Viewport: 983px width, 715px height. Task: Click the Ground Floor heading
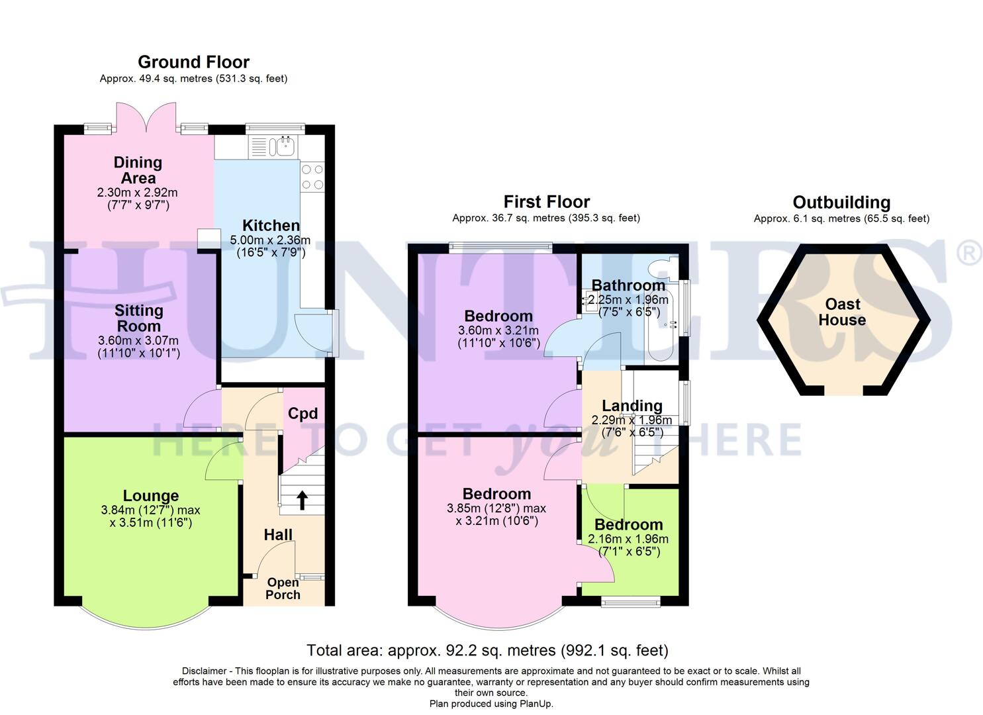click(193, 62)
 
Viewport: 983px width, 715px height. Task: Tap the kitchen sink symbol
click(285, 146)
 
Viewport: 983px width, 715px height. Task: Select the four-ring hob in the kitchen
click(312, 177)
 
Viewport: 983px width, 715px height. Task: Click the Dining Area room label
click(138, 170)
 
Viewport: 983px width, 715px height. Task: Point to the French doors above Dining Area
click(146, 118)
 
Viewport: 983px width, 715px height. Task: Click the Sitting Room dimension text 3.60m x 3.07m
click(138, 341)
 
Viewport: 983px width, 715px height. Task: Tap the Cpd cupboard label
click(303, 414)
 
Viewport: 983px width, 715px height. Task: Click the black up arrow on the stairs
click(302, 500)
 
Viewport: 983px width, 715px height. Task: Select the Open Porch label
click(283, 589)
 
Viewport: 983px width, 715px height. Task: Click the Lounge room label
click(151, 496)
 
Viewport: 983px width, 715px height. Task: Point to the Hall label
click(278, 535)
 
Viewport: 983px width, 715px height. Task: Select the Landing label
click(632, 406)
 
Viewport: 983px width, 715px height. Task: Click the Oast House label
click(842, 312)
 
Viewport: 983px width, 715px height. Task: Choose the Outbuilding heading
click(841, 203)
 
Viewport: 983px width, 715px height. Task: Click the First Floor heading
click(546, 202)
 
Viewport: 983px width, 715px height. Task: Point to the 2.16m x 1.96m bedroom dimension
click(628, 539)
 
